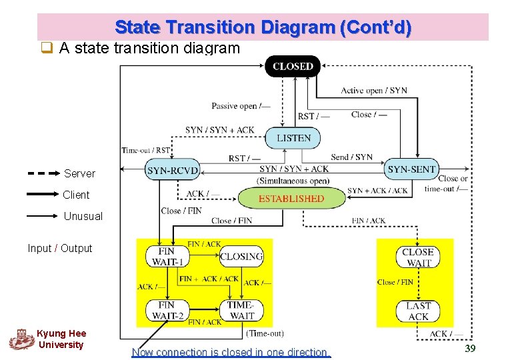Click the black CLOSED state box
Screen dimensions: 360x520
(293, 66)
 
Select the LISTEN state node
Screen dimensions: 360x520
(293, 138)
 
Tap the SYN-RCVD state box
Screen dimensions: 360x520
(173, 170)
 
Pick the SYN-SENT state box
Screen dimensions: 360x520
(411, 169)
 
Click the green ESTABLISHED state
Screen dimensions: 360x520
(291, 198)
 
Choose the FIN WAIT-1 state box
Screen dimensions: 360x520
(167, 257)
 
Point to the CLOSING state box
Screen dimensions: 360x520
(241, 257)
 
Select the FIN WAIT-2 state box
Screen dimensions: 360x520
(167, 311)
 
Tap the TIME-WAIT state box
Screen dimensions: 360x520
(241, 311)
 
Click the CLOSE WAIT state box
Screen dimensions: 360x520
(418, 257)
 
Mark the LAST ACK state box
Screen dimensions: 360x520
(418, 311)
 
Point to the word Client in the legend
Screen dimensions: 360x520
(76, 195)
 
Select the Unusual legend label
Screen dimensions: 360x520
(83, 216)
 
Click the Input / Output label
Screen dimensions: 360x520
(60, 248)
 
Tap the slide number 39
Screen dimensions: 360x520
(470, 347)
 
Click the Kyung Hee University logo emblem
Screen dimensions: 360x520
(21, 339)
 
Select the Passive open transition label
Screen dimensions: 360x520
(241, 106)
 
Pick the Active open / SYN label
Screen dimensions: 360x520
(374, 91)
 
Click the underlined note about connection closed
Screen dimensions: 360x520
(231, 352)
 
